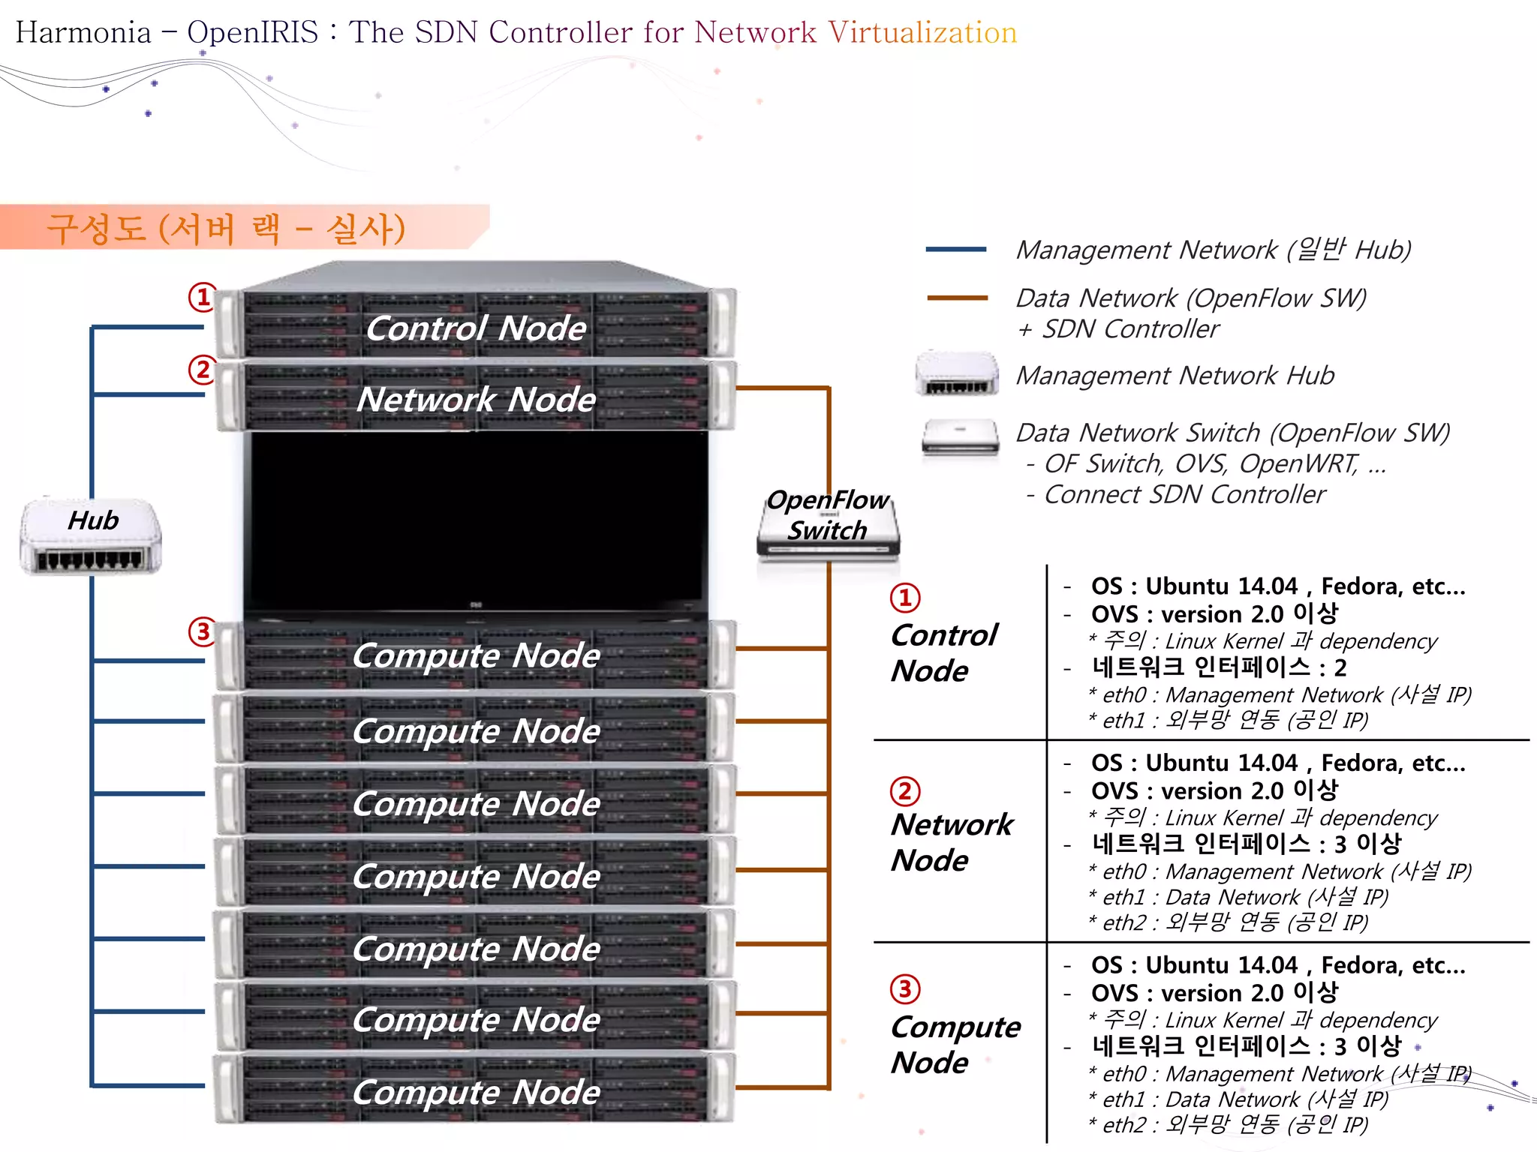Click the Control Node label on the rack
[x=476, y=328]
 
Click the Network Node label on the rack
[x=476, y=400]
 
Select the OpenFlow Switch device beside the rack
[x=828, y=525]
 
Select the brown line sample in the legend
[x=957, y=298]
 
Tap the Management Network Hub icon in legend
[x=957, y=373]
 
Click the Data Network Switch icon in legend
[x=961, y=437]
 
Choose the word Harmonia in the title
[x=83, y=32]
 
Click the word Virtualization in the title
[x=922, y=32]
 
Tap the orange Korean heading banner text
[x=226, y=228]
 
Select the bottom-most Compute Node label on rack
[x=476, y=1093]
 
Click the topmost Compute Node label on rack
[x=476, y=655]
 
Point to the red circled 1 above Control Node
[x=905, y=598]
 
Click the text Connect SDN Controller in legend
[x=1184, y=495]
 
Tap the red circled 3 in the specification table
[x=905, y=989]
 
